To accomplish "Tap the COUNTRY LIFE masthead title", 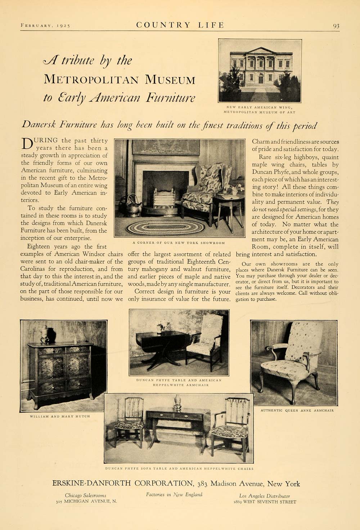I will click(x=180, y=25).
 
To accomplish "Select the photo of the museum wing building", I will click(x=260, y=71).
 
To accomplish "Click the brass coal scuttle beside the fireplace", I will click(x=133, y=204).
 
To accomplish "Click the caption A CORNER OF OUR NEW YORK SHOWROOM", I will click(x=179, y=242).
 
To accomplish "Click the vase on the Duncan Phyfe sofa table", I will click(x=177, y=403).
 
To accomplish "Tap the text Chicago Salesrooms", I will click(x=86, y=495).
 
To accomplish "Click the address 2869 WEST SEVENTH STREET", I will click(x=265, y=502).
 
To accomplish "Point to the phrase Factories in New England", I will click(x=174, y=495).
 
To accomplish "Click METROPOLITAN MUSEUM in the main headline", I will click(x=119, y=79).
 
